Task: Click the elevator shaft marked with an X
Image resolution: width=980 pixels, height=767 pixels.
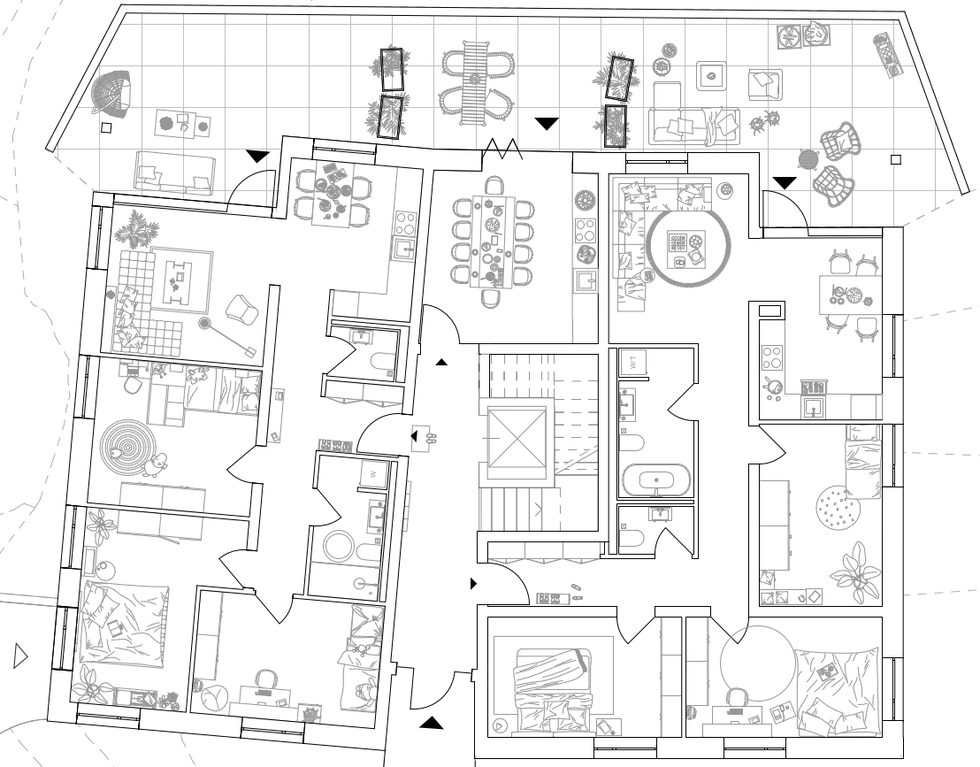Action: [x=517, y=440]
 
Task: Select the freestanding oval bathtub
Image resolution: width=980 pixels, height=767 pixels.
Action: [x=655, y=481]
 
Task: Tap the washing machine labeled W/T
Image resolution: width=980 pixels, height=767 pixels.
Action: [x=633, y=361]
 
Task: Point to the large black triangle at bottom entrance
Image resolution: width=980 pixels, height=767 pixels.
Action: [x=431, y=723]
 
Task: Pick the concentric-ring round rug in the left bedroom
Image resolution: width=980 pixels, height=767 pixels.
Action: [x=125, y=441]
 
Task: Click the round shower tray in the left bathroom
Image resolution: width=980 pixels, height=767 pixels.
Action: [x=339, y=546]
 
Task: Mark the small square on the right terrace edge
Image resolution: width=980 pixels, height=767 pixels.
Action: [x=896, y=160]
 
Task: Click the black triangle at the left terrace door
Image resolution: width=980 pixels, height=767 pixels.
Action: [x=257, y=157]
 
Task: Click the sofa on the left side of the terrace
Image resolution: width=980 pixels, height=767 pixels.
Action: [x=175, y=171]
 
